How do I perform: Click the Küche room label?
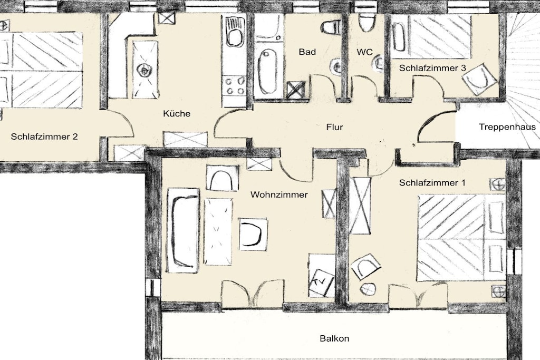pos(177,113)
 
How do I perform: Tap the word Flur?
pos(334,128)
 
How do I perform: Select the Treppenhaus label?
pos(507,128)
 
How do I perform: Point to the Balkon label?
pos(334,339)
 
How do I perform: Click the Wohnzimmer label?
pos(279,195)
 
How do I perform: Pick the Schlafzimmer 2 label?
pos(44,137)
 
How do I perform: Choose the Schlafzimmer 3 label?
pos(432,68)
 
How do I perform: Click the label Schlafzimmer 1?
pos(432,183)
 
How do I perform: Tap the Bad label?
pos(307,52)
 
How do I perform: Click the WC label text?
pos(365,52)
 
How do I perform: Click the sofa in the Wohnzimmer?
pos(182,230)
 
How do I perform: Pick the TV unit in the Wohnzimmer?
pos(322,276)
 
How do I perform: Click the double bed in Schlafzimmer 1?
pos(461,238)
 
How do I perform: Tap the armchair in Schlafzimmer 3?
pos(479,79)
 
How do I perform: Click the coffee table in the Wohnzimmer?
pos(218,231)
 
